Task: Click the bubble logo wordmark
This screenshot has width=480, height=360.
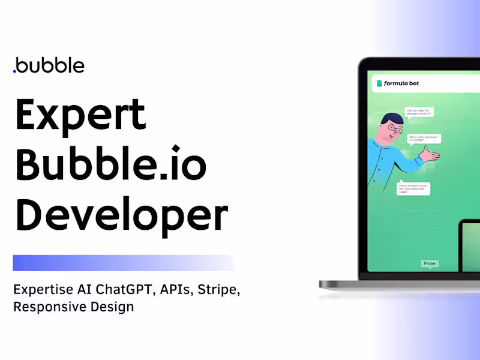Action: click(x=50, y=65)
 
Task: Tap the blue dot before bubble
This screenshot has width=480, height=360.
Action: click(x=14, y=71)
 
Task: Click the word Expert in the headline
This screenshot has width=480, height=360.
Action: click(x=80, y=116)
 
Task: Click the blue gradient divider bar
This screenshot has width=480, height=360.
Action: click(x=123, y=263)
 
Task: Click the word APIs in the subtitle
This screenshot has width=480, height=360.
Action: click(x=177, y=290)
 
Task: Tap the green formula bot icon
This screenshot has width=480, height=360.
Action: click(x=379, y=83)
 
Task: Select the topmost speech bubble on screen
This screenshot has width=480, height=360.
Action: click(x=419, y=112)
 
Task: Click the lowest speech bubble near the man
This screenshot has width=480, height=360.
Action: click(x=413, y=188)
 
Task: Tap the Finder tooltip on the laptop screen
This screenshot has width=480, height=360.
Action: click(x=430, y=263)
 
